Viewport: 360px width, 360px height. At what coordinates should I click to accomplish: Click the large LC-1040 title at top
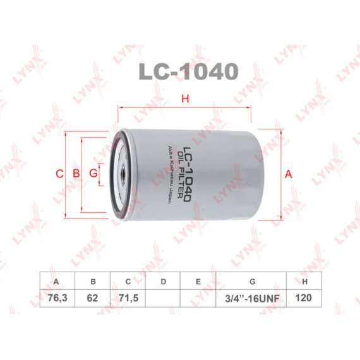click(x=188, y=71)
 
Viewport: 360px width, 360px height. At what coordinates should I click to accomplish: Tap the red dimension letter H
click(x=185, y=99)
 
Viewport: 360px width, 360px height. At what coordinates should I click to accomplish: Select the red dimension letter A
click(x=289, y=174)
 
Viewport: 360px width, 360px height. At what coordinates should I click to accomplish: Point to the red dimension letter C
click(x=59, y=174)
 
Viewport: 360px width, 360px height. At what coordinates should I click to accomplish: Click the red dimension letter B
click(x=76, y=173)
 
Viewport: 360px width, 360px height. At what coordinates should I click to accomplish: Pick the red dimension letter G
click(x=93, y=173)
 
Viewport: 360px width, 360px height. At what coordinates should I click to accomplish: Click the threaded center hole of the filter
click(x=123, y=174)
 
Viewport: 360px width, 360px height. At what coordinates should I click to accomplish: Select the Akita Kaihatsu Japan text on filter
click(x=170, y=174)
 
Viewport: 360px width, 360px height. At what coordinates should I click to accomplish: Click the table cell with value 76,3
click(x=57, y=298)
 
